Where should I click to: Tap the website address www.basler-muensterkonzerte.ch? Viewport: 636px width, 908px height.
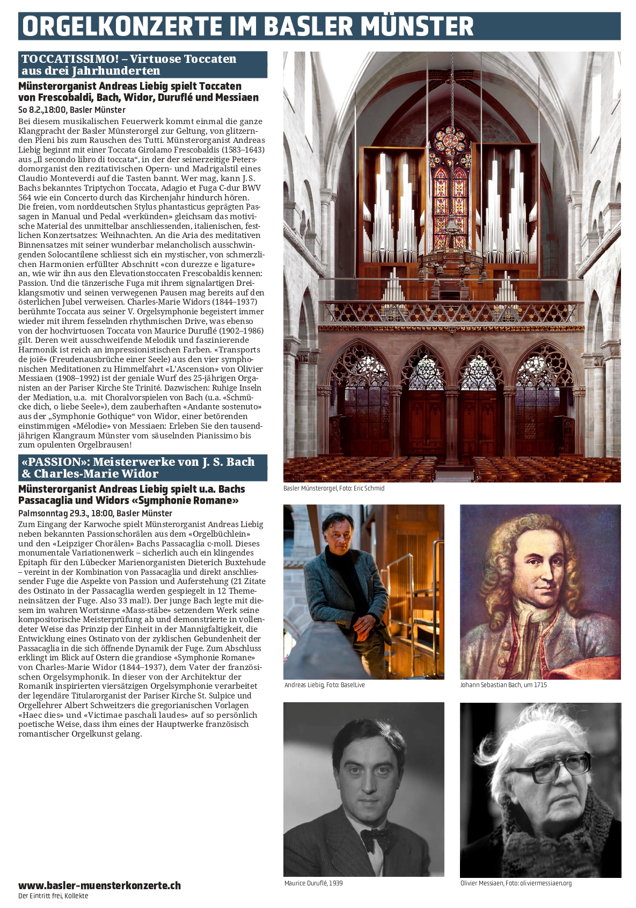tap(99, 885)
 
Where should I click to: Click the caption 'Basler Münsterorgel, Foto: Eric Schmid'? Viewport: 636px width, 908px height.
tap(334, 488)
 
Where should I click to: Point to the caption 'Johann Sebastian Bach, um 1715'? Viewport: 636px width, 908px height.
tap(503, 685)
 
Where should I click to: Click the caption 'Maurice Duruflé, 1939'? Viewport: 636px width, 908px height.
tap(313, 883)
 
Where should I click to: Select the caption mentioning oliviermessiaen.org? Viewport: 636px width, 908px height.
tap(516, 883)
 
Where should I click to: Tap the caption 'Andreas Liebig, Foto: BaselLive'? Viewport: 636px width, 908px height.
tap(324, 685)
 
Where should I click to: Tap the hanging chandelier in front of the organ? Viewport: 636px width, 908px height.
tap(451, 258)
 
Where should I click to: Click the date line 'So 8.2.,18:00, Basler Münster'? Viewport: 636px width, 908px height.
tap(72, 110)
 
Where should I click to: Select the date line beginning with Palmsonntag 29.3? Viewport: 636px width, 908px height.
tap(95, 513)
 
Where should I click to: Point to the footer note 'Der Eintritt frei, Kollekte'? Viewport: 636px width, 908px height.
tap(53, 896)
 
